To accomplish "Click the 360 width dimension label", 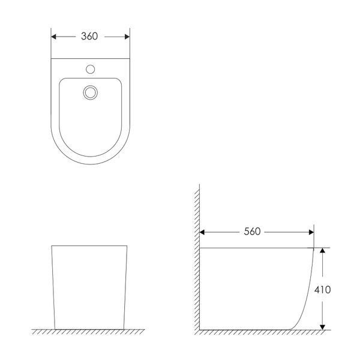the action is point(89,36).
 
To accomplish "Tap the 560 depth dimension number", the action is point(252,232).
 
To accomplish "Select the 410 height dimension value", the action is point(323,290).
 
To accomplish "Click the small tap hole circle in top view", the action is point(90,69).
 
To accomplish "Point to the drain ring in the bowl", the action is point(90,92).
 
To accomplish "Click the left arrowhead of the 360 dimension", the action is point(53,37).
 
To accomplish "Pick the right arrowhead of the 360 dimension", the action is point(127,37).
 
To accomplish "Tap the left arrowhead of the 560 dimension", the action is point(202,232).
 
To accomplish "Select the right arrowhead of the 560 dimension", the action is point(311,232).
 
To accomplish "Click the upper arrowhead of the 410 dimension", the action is point(323,250).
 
